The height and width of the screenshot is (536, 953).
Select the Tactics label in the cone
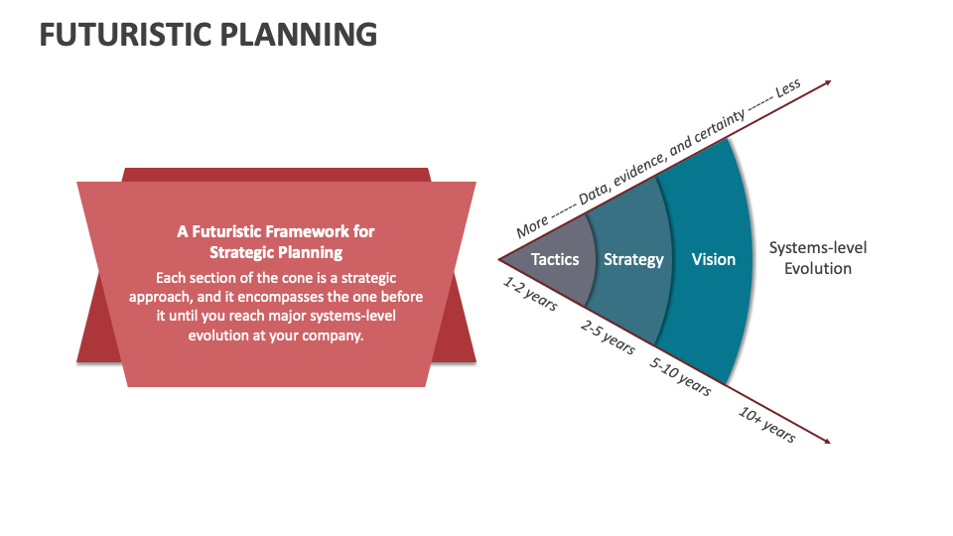point(554,259)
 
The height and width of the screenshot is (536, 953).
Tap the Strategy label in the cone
point(633,259)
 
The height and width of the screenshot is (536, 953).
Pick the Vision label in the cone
point(714,259)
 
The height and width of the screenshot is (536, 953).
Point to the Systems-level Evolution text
point(818,258)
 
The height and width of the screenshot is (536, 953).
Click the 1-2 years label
point(530,294)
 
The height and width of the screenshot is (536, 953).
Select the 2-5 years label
point(608,336)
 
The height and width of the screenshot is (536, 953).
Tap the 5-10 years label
point(680,376)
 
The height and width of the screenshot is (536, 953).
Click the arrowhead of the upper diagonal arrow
point(827,82)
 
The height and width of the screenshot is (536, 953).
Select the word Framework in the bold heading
point(294,231)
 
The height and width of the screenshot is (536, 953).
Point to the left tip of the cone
point(499,260)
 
